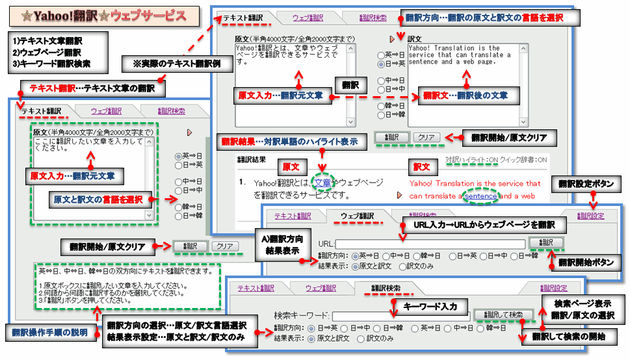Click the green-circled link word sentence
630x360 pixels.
pyautogui.click(x=482, y=196)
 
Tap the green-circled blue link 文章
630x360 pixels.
pyautogui.click(x=322, y=183)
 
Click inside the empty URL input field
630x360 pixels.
pyautogui.click(x=430, y=244)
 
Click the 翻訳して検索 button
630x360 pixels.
pyautogui.click(x=503, y=315)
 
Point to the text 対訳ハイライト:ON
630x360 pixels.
pyautogui.click(x=473, y=159)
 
